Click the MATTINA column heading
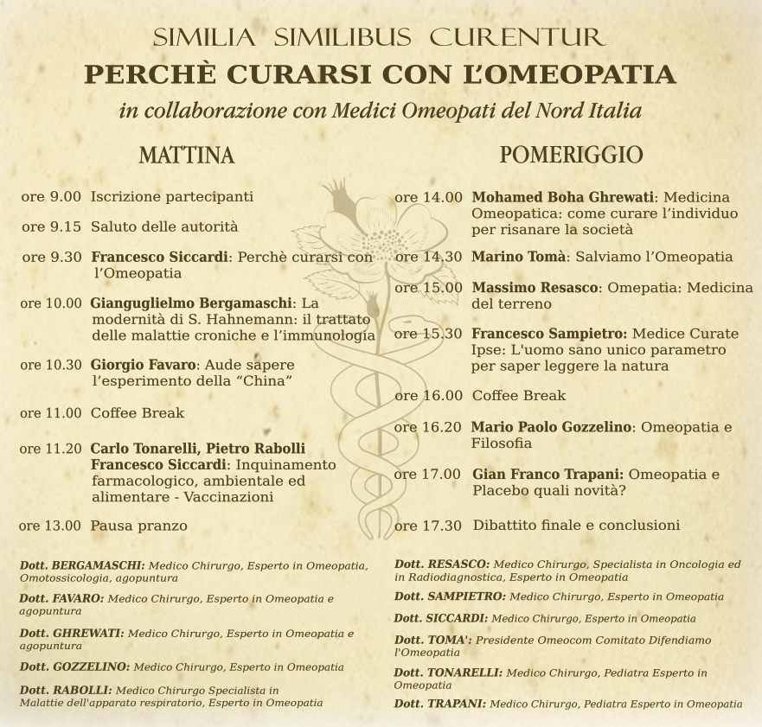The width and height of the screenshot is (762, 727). tap(187, 156)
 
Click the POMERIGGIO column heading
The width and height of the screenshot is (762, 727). tap(571, 155)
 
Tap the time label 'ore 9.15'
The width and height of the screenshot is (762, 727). tap(52, 226)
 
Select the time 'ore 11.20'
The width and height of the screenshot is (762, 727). tap(50, 449)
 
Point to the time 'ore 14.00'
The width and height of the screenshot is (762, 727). tap(428, 197)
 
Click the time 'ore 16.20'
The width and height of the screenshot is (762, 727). tap(428, 427)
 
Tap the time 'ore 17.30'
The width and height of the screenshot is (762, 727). tap(428, 526)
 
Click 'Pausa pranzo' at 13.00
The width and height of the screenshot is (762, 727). tap(138, 526)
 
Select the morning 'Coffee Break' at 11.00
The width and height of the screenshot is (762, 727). tap(138, 413)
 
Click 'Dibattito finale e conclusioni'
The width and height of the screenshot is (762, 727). tap(576, 526)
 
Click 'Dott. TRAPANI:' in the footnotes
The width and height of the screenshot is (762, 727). tap(439, 704)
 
